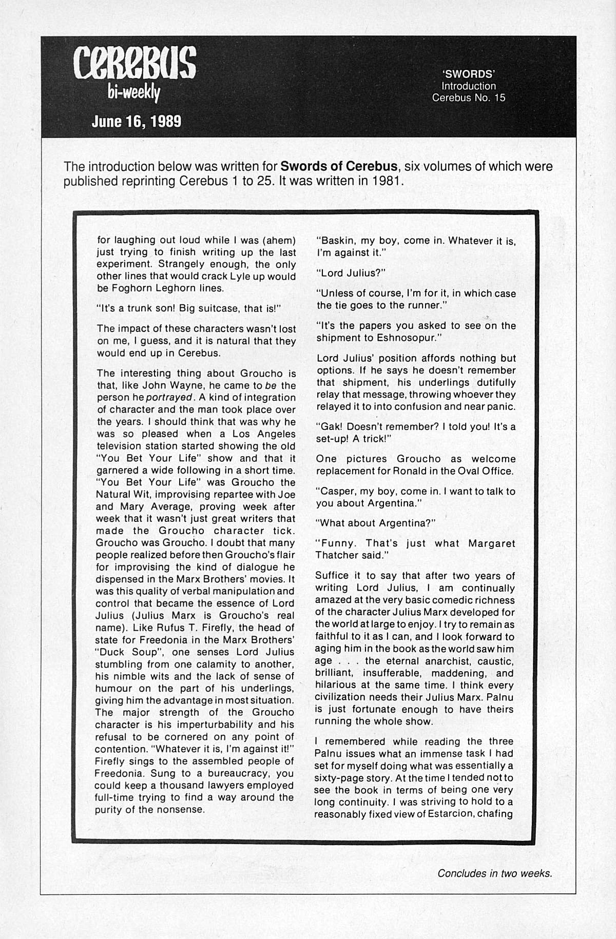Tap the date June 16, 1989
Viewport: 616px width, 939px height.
click(136, 122)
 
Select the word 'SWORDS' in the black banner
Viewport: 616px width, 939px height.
click(468, 74)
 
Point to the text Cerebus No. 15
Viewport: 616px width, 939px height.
click(468, 97)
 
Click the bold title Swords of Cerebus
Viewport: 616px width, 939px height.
click(339, 167)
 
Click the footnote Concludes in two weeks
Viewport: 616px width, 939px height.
click(495, 873)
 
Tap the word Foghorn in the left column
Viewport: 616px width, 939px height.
click(132, 288)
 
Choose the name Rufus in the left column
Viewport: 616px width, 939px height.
click(158, 628)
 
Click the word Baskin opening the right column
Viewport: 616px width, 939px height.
click(336, 241)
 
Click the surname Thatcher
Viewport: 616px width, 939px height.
click(337, 555)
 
